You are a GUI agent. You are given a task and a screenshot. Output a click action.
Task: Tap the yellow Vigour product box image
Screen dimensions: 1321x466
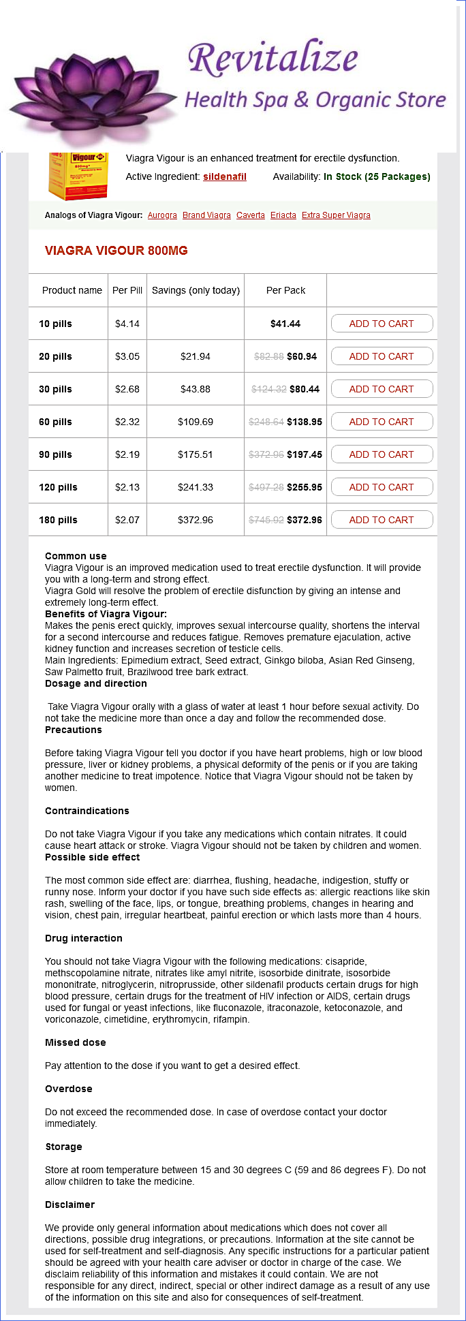[69, 176]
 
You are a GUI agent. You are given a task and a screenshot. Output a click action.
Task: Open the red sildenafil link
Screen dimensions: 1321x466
[225, 176]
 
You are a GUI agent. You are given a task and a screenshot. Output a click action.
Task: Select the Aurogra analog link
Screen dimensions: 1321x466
[162, 215]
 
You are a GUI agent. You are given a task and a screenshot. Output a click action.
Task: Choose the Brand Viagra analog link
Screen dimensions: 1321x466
[206, 215]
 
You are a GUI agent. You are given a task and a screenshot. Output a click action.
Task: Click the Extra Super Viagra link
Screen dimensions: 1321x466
[336, 215]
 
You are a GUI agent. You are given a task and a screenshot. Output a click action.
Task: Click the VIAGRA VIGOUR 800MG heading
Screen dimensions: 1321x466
[116, 251]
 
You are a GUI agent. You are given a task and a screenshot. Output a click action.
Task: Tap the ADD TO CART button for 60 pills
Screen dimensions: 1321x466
[382, 422]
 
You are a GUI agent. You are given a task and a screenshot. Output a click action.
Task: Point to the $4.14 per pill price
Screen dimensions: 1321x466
[127, 324]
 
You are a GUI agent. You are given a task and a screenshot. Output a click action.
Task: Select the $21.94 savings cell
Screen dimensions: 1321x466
[196, 356]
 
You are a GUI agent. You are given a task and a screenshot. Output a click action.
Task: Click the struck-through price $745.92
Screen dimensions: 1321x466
[266, 520]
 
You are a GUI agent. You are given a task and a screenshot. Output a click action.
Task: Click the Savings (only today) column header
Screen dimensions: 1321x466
[196, 290]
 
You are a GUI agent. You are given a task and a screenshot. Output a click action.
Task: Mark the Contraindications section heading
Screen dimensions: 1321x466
[87, 811]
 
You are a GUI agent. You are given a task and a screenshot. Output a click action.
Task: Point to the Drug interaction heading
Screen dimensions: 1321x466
[84, 938]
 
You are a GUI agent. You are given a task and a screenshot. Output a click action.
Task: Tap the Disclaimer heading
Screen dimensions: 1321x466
[69, 1205]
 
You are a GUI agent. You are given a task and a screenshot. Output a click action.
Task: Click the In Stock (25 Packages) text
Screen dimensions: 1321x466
[377, 176]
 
